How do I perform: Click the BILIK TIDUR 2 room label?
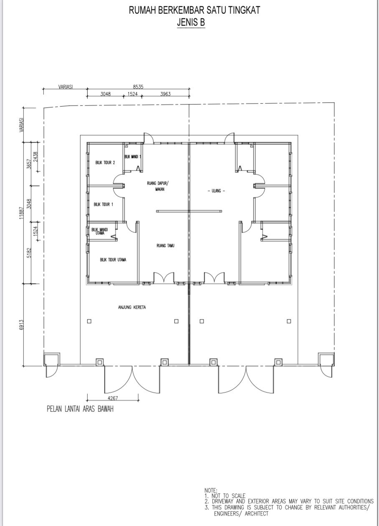point(105,163)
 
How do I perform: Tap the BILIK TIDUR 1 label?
point(104,204)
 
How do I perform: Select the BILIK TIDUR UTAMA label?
point(113,260)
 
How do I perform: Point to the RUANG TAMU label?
point(166,245)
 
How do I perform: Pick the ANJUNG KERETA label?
point(132,307)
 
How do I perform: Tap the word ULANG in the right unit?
point(216,190)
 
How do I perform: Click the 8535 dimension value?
point(138,87)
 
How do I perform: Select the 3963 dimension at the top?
point(166,94)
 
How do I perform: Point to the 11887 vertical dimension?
point(22,213)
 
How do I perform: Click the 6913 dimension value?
point(22,325)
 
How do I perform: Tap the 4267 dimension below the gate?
point(113,398)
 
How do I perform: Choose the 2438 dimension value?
point(35,157)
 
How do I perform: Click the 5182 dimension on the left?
point(29,253)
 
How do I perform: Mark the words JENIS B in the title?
point(191,23)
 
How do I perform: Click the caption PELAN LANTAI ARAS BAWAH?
point(80,409)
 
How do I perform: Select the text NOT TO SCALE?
point(228,496)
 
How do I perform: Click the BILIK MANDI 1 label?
point(133,157)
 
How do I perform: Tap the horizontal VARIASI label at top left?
point(66,87)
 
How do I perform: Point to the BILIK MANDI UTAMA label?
point(100,231)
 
